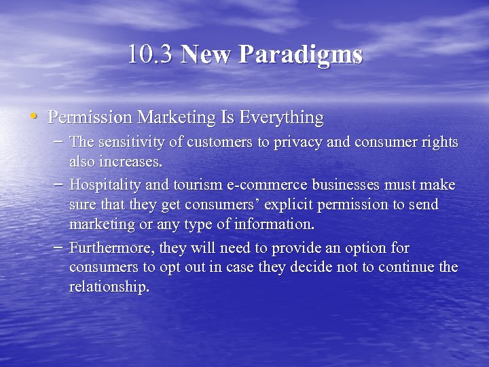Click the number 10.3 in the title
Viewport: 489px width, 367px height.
pyautogui.click(x=151, y=54)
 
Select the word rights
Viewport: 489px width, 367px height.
pyautogui.click(x=439, y=143)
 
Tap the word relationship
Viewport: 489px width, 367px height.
pyautogui.click(x=109, y=287)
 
